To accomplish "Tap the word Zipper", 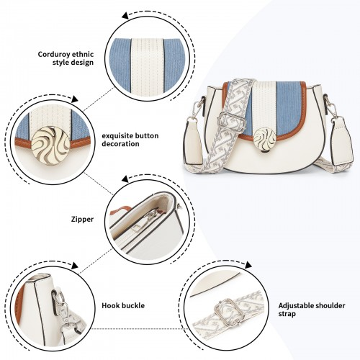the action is point(82,220).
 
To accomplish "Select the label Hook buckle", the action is point(123,305).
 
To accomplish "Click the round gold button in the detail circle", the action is point(50,145).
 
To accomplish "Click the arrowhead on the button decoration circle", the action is point(75,99).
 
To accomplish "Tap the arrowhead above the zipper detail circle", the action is point(125,179).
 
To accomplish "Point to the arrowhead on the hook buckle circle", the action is point(75,266).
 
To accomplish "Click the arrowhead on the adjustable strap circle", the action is point(248,265).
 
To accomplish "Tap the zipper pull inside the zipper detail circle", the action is point(150,217).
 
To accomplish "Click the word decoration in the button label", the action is point(120,144).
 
